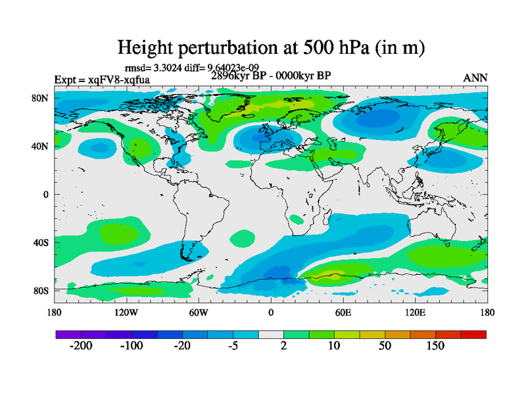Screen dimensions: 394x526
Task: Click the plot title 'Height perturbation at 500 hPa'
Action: [x=270, y=47]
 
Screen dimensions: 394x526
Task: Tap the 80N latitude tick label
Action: [x=41, y=98]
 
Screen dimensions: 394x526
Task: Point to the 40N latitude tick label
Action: [x=41, y=146]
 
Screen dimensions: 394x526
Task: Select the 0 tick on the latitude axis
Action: [x=47, y=194]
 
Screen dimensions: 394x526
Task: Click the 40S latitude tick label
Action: [x=41, y=242]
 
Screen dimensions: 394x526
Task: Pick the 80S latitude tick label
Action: [x=41, y=290]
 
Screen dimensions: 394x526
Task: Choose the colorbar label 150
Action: [x=435, y=346]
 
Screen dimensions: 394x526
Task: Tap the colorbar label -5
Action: [x=233, y=346]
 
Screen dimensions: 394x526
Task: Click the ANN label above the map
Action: [x=475, y=77]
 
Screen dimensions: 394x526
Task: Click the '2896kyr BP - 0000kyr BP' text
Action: [x=271, y=76]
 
